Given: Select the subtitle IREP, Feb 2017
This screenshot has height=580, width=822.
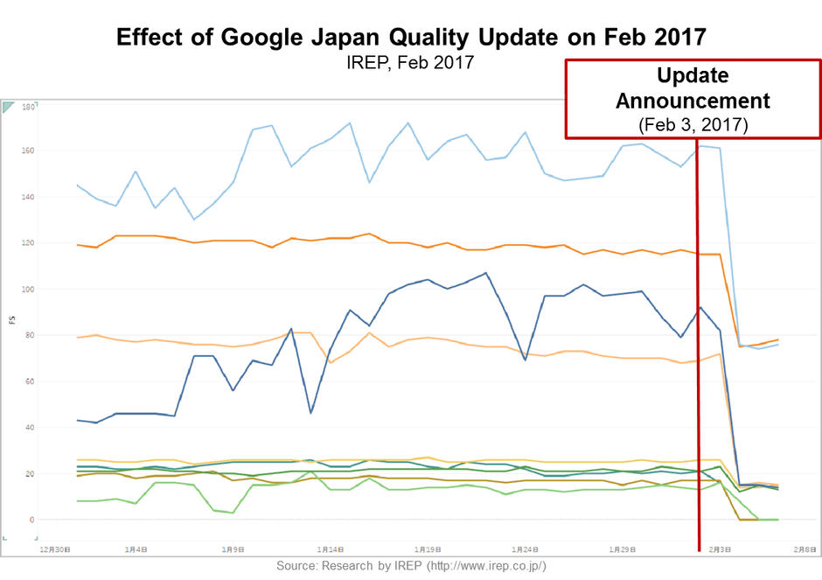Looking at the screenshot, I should pos(410,64).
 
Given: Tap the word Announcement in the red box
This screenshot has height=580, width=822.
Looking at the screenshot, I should pos(693,101).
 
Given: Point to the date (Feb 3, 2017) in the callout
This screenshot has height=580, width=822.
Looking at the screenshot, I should pos(693,124).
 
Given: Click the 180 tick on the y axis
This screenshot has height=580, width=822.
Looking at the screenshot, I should pos(27,108).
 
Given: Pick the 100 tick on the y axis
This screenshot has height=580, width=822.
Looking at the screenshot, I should pos(27,290).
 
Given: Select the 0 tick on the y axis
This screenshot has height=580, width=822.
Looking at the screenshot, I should pos(31,521).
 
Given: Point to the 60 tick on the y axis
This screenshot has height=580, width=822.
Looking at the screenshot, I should pos(29,382).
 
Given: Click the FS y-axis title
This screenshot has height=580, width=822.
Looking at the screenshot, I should pos(11,319).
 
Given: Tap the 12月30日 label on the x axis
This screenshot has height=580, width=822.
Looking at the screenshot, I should pos(55,549).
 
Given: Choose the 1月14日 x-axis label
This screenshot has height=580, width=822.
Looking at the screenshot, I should pos(331,549).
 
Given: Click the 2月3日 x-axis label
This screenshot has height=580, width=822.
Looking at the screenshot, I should pos(720,549).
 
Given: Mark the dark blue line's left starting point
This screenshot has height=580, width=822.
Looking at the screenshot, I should pos(78,421).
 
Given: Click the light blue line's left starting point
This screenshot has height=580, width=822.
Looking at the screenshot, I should pos(78,185).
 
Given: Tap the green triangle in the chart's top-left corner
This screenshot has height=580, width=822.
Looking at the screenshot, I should pos(9,107).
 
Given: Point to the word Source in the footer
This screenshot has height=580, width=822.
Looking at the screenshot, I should pos(297,567).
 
